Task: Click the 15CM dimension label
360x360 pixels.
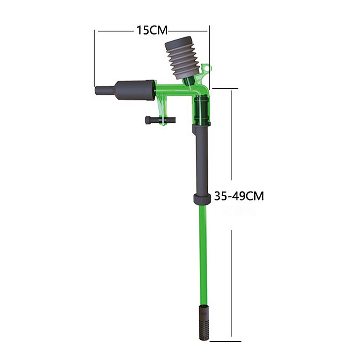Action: tap(152, 30)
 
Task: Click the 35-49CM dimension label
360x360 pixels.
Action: tap(239, 196)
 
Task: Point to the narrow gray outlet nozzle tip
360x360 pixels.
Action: tap(105, 90)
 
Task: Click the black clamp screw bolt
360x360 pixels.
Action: tap(160, 120)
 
